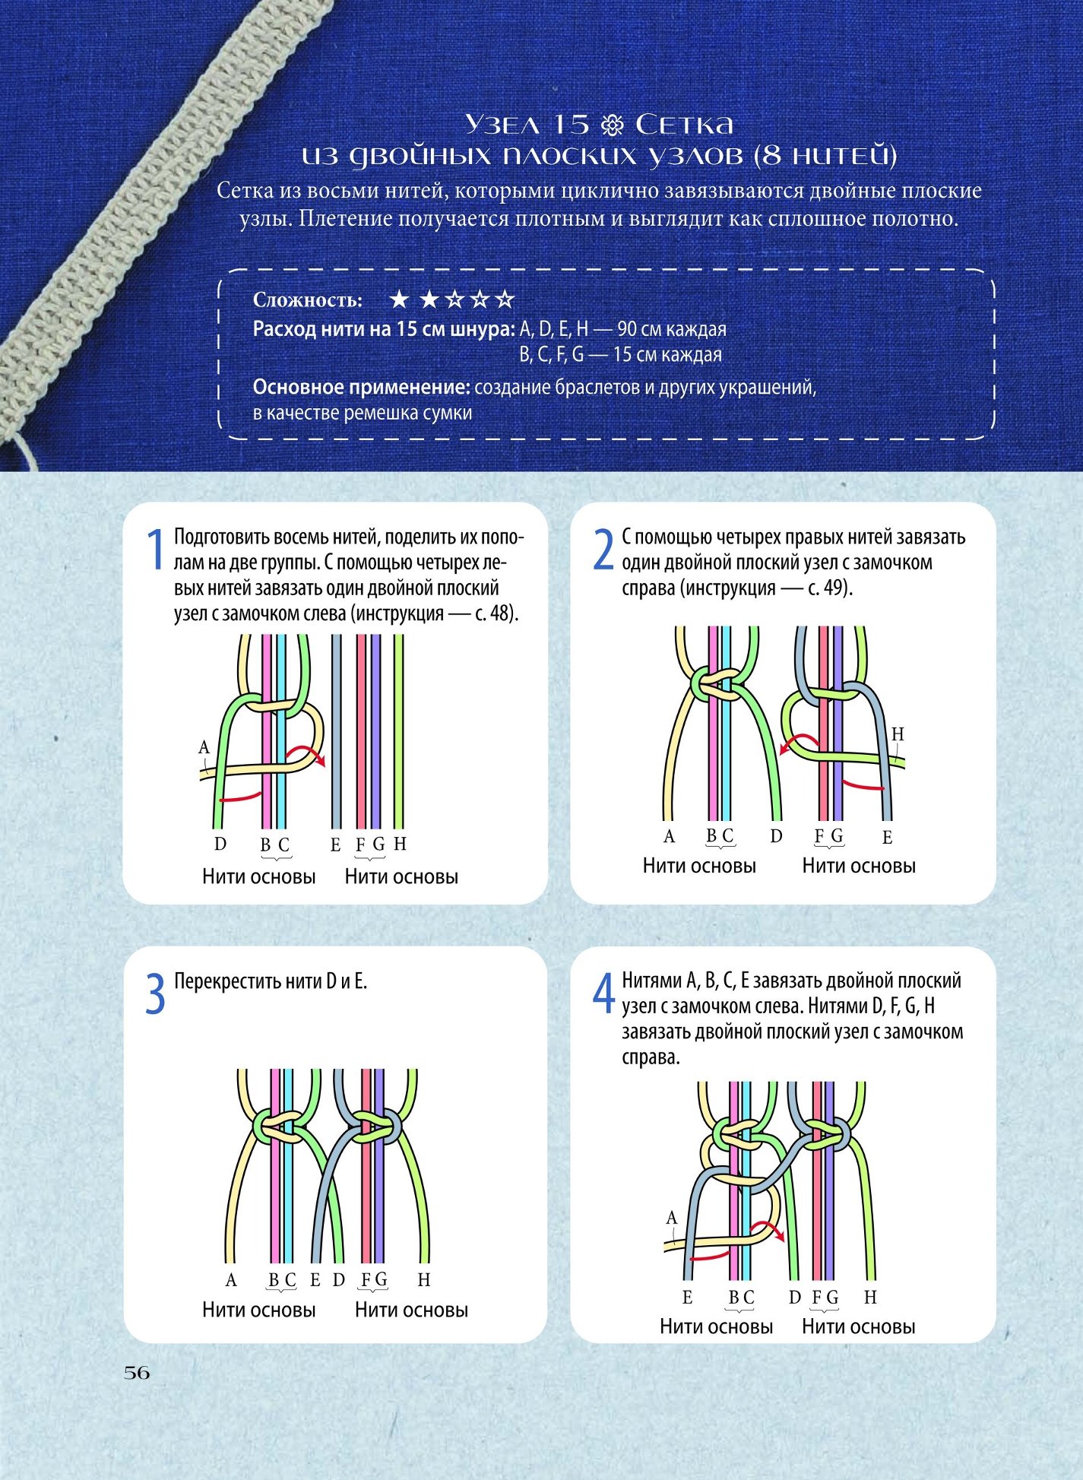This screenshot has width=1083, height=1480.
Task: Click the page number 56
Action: (137, 1373)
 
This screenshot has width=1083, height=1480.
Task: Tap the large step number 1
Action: (155, 550)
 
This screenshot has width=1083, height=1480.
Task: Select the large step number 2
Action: (603, 550)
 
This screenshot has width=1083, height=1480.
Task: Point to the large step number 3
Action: (155, 994)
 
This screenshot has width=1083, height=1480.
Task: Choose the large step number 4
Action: (603, 994)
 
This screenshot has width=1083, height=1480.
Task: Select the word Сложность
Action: (308, 300)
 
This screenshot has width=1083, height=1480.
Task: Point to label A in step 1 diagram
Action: (204, 747)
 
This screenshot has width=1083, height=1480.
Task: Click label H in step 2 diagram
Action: (898, 734)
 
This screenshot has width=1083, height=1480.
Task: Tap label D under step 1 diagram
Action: (220, 844)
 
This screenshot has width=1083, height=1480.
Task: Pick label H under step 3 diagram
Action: (424, 1280)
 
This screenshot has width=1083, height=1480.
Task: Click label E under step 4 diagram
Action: (687, 1298)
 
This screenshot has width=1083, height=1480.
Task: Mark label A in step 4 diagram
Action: (672, 1219)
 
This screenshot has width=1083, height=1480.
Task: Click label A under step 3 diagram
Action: (232, 1280)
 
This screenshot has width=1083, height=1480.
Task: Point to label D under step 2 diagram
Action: (776, 836)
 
